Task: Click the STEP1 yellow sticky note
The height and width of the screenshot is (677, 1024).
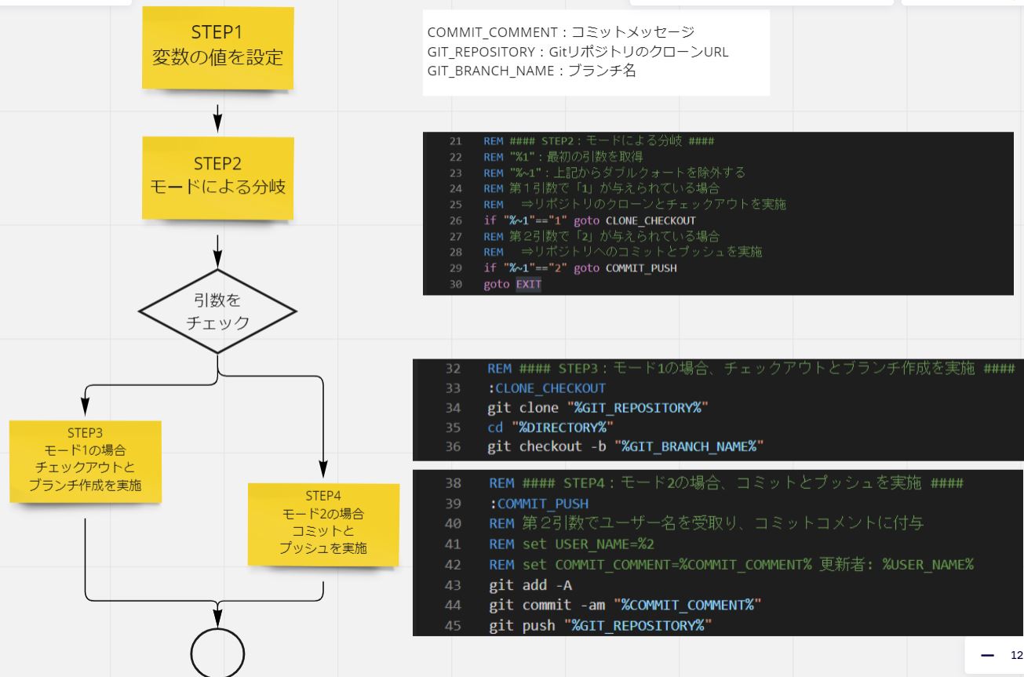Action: (x=217, y=48)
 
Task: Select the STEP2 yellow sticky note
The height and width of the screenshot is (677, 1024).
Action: (x=217, y=178)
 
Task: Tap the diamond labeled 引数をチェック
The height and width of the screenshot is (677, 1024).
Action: (x=217, y=311)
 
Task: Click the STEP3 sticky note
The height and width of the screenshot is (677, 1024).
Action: (x=85, y=461)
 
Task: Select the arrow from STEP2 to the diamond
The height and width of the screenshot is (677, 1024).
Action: (x=217, y=248)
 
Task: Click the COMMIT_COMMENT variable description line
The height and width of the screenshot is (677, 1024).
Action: (x=560, y=32)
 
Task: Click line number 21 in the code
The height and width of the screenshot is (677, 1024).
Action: (x=455, y=142)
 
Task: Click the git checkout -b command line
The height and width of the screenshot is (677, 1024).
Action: (x=625, y=446)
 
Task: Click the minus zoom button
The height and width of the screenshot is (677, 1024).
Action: (x=987, y=655)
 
